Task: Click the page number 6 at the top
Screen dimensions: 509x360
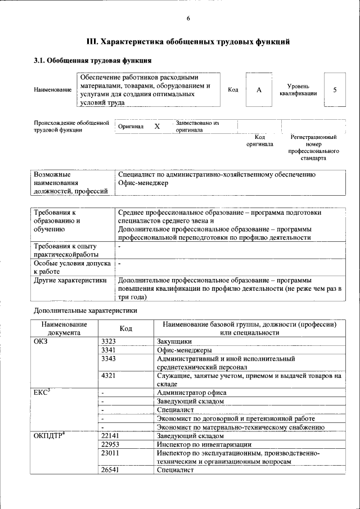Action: pos(188,19)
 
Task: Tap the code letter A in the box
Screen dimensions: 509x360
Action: pos(259,90)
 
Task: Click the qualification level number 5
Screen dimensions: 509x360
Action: pos(335,90)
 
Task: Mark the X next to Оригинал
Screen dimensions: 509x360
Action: pos(157,127)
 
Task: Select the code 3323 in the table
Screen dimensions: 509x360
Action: pos(109,341)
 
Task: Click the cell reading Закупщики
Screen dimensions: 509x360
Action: pos(174,341)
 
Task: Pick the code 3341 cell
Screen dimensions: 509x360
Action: pos(109,350)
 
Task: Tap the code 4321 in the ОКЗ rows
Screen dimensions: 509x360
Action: pos(109,375)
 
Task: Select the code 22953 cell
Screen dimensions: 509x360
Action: pos(110,444)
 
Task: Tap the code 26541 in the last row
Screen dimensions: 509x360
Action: pos(110,470)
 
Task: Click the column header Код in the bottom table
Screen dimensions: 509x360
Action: pos(126,328)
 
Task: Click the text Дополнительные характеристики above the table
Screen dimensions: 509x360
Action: pos(85,310)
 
